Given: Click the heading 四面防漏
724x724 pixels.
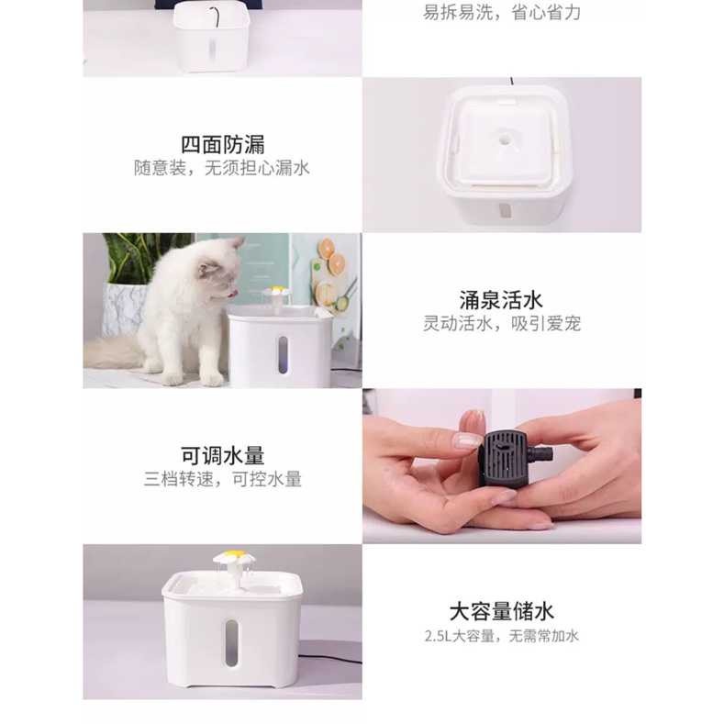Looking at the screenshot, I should pos(222,144).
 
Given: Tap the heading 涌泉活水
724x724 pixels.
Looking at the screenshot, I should pos(501,299).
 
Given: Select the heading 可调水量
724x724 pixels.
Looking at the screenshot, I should pos(222,455).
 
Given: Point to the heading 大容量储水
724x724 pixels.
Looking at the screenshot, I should pos(501,611).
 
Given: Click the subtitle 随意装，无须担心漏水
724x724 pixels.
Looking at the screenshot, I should pos(222,169).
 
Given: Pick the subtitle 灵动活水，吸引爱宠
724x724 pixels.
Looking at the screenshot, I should pos(501,324).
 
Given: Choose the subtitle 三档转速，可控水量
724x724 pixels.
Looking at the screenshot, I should pos(222,479).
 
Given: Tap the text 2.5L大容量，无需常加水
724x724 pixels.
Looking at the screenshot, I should pos(501,636).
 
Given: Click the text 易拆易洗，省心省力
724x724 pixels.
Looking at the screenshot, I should pos(501,13).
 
